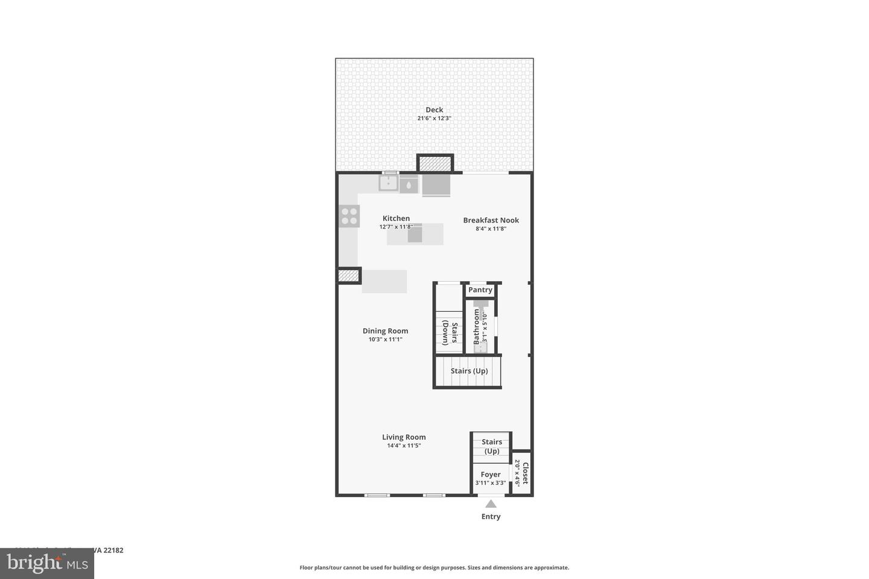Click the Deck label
pyautogui.click(x=434, y=110)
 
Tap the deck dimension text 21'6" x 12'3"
pyautogui.click(x=434, y=119)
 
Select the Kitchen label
pyautogui.click(x=396, y=218)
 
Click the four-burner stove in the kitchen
pyautogui.click(x=349, y=216)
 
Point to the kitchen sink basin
pyautogui.click(x=389, y=183)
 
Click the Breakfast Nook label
pyautogui.click(x=491, y=220)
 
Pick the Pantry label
pyautogui.click(x=480, y=290)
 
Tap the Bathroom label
pyautogui.click(x=476, y=326)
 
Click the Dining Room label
pyautogui.click(x=385, y=331)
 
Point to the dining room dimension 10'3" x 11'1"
pyautogui.click(x=385, y=340)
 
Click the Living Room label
pyautogui.click(x=404, y=437)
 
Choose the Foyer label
pyautogui.click(x=491, y=475)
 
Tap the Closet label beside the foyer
pyautogui.click(x=525, y=473)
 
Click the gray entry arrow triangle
pyautogui.click(x=491, y=504)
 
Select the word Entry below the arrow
pyautogui.click(x=491, y=517)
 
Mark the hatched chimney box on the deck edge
pyautogui.click(x=435, y=163)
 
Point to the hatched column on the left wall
pyautogui.click(x=348, y=276)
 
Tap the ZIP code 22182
pyautogui.click(x=113, y=550)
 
